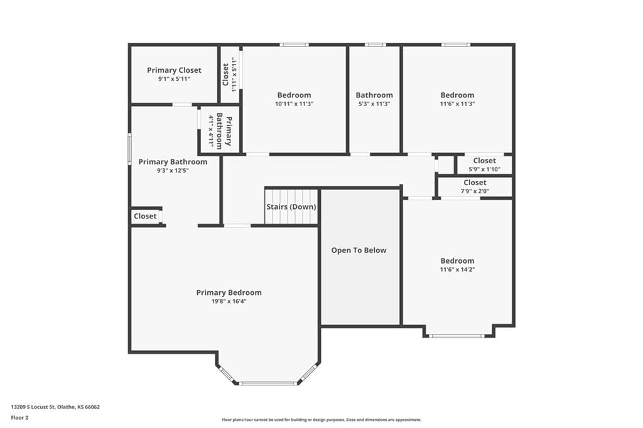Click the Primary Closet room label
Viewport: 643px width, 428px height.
pyautogui.click(x=174, y=70)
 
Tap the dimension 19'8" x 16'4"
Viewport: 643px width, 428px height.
pyautogui.click(x=229, y=301)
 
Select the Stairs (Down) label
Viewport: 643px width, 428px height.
pyautogui.click(x=291, y=206)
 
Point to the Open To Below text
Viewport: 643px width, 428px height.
pyautogui.click(x=359, y=250)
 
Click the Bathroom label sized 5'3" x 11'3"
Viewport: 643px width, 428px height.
pyautogui.click(x=374, y=95)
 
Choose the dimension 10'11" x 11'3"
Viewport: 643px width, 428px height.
pyautogui.click(x=294, y=104)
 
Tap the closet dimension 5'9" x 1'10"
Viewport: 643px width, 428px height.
pyautogui.click(x=484, y=169)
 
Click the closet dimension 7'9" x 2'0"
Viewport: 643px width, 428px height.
pyautogui.click(x=475, y=191)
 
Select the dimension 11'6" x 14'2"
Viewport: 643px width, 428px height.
pyautogui.click(x=457, y=270)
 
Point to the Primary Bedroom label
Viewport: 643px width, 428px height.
pyautogui.click(x=229, y=292)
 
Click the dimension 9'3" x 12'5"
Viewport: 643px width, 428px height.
pyautogui.click(x=173, y=171)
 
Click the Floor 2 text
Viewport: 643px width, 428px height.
pyautogui.click(x=19, y=418)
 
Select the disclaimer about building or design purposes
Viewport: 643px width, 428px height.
pyautogui.click(x=321, y=420)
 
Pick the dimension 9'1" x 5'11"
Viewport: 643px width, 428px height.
pyautogui.click(x=174, y=78)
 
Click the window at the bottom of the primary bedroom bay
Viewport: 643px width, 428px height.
pyautogui.click(x=267, y=383)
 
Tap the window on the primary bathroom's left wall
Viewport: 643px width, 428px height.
pyautogui.click(x=129, y=149)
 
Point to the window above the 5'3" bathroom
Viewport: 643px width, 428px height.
pyautogui.click(x=376, y=45)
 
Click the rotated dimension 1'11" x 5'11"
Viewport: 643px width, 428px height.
pyautogui.click(x=235, y=75)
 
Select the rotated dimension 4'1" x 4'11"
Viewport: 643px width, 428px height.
pyautogui.click(x=211, y=131)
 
